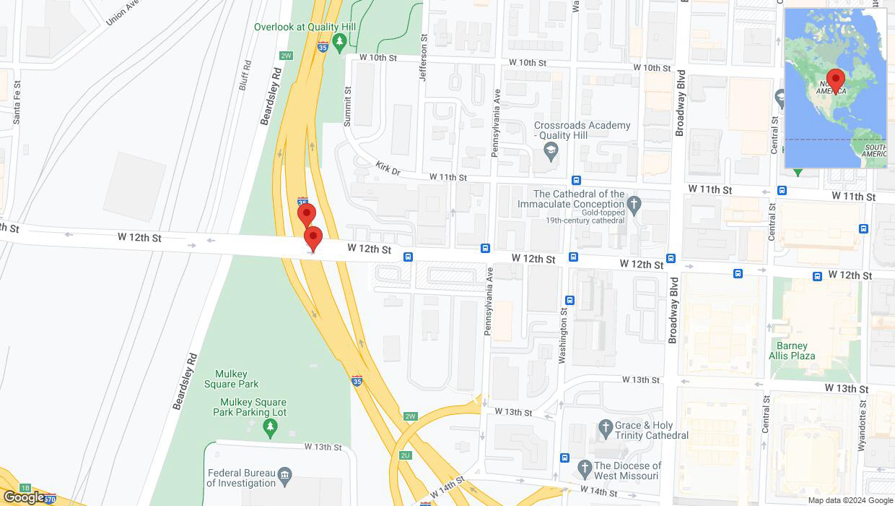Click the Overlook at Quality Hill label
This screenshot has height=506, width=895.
pos(305,27)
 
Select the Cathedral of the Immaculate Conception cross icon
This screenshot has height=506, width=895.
pos(634,203)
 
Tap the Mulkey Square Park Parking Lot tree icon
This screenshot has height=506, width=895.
pos(271,428)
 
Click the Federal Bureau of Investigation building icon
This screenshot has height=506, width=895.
pos(286,475)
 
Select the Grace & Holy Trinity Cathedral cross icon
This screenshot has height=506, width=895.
pos(606,430)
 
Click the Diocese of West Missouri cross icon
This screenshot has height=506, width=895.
pos(584,470)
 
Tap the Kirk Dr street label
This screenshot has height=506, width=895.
pos(388,168)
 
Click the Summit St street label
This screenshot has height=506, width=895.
pos(348,107)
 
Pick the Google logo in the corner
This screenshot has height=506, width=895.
pos(23,497)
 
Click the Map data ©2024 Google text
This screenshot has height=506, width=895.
pos(850,500)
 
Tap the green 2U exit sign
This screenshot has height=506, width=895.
pos(405,455)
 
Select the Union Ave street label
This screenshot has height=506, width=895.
pos(122,12)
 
